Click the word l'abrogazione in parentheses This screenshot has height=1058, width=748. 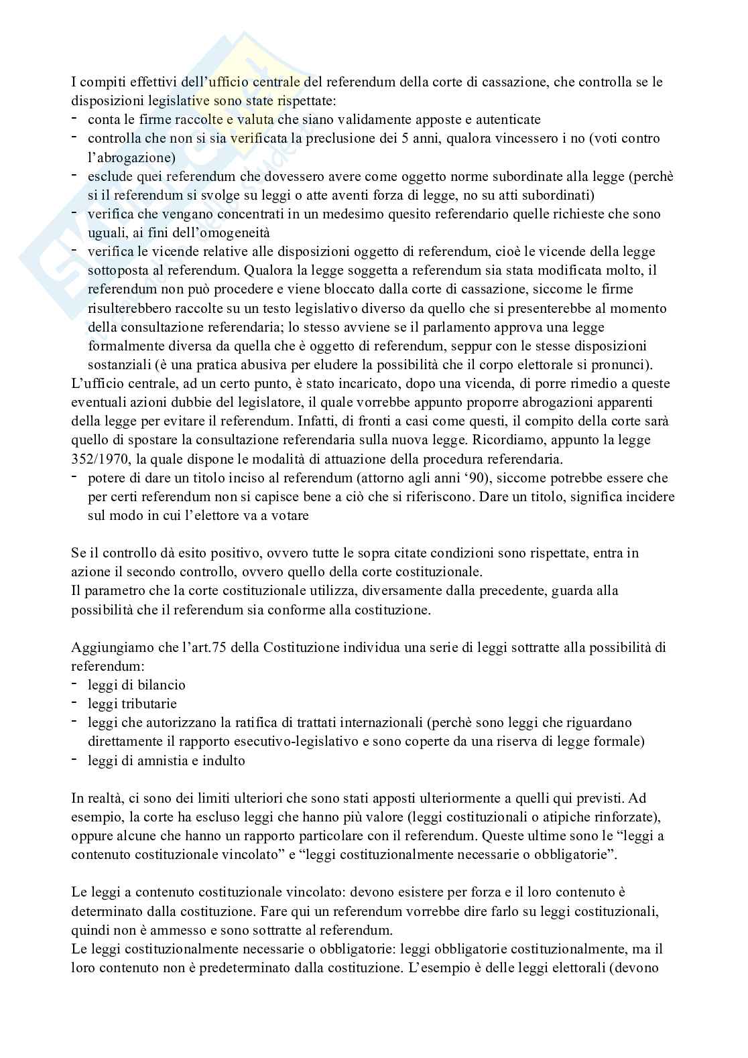(132, 157)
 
